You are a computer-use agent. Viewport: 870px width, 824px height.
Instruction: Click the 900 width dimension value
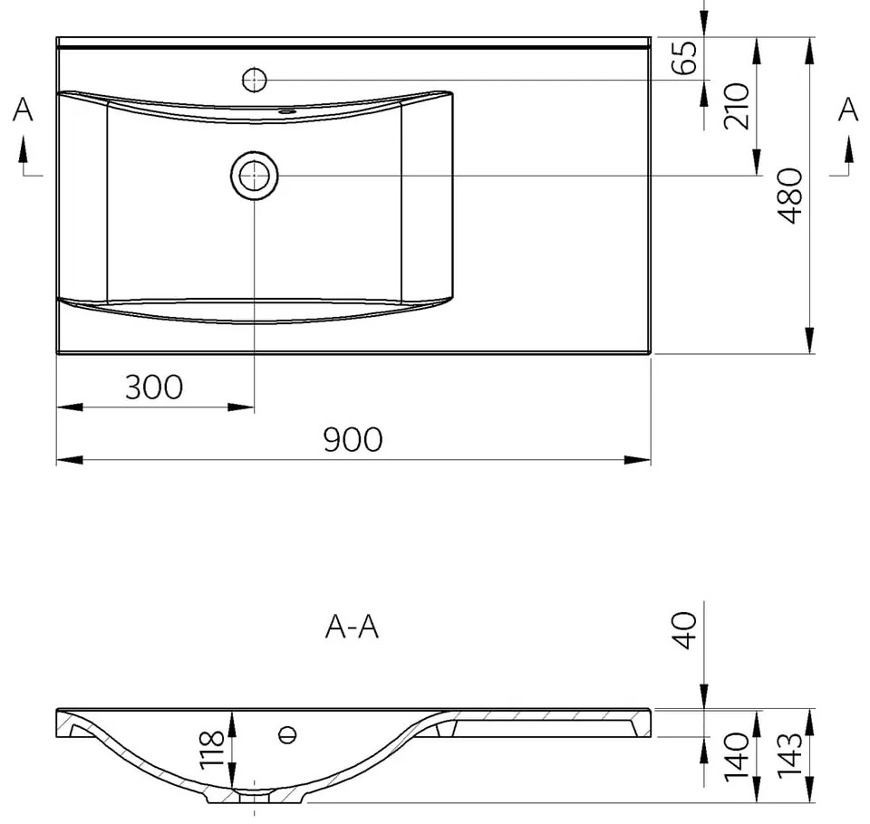[353, 439]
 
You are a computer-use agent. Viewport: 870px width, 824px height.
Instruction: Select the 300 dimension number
[153, 388]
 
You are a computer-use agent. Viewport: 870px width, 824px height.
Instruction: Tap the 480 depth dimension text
[788, 196]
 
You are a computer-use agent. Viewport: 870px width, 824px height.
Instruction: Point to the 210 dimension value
[736, 105]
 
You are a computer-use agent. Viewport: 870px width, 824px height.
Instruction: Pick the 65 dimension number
[686, 58]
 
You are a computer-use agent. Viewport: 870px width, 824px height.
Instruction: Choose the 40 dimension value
[684, 629]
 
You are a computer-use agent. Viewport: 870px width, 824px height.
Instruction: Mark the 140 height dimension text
[736, 757]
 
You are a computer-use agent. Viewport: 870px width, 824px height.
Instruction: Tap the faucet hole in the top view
[255, 80]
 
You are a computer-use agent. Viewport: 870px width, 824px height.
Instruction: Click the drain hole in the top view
[255, 174]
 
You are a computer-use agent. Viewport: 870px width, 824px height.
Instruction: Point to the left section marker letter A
[24, 110]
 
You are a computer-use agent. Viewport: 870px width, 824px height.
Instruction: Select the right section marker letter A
[847, 110]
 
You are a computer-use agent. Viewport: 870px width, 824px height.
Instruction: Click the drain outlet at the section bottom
[255, 798]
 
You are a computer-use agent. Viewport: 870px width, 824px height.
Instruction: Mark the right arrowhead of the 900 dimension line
[642, 460]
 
